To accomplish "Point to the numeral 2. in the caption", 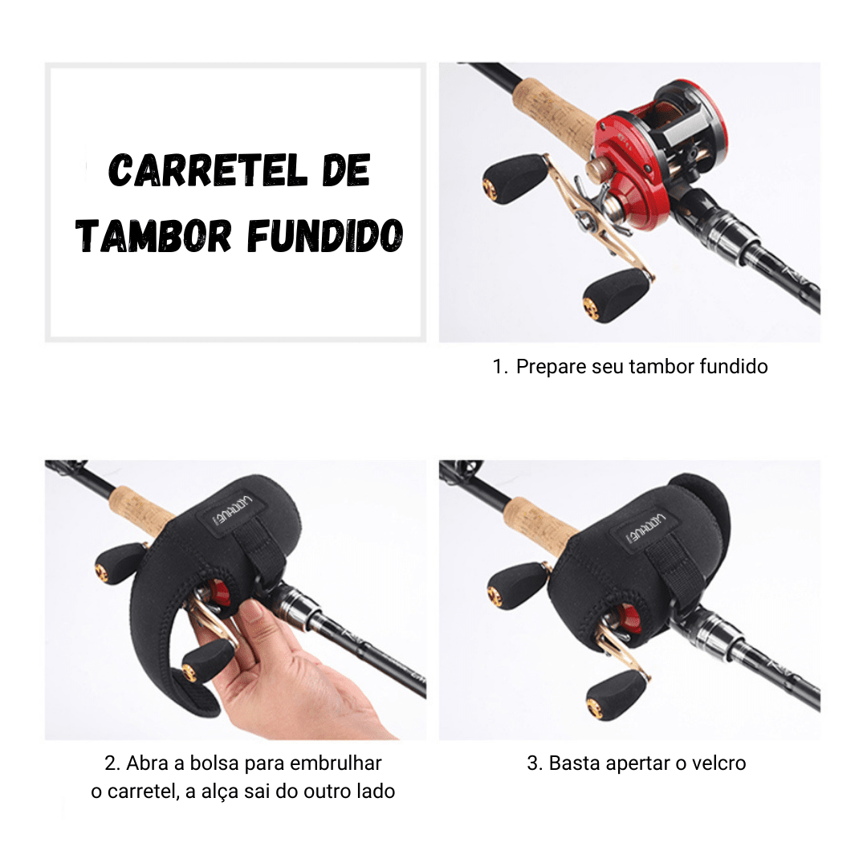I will coord(112,763).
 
